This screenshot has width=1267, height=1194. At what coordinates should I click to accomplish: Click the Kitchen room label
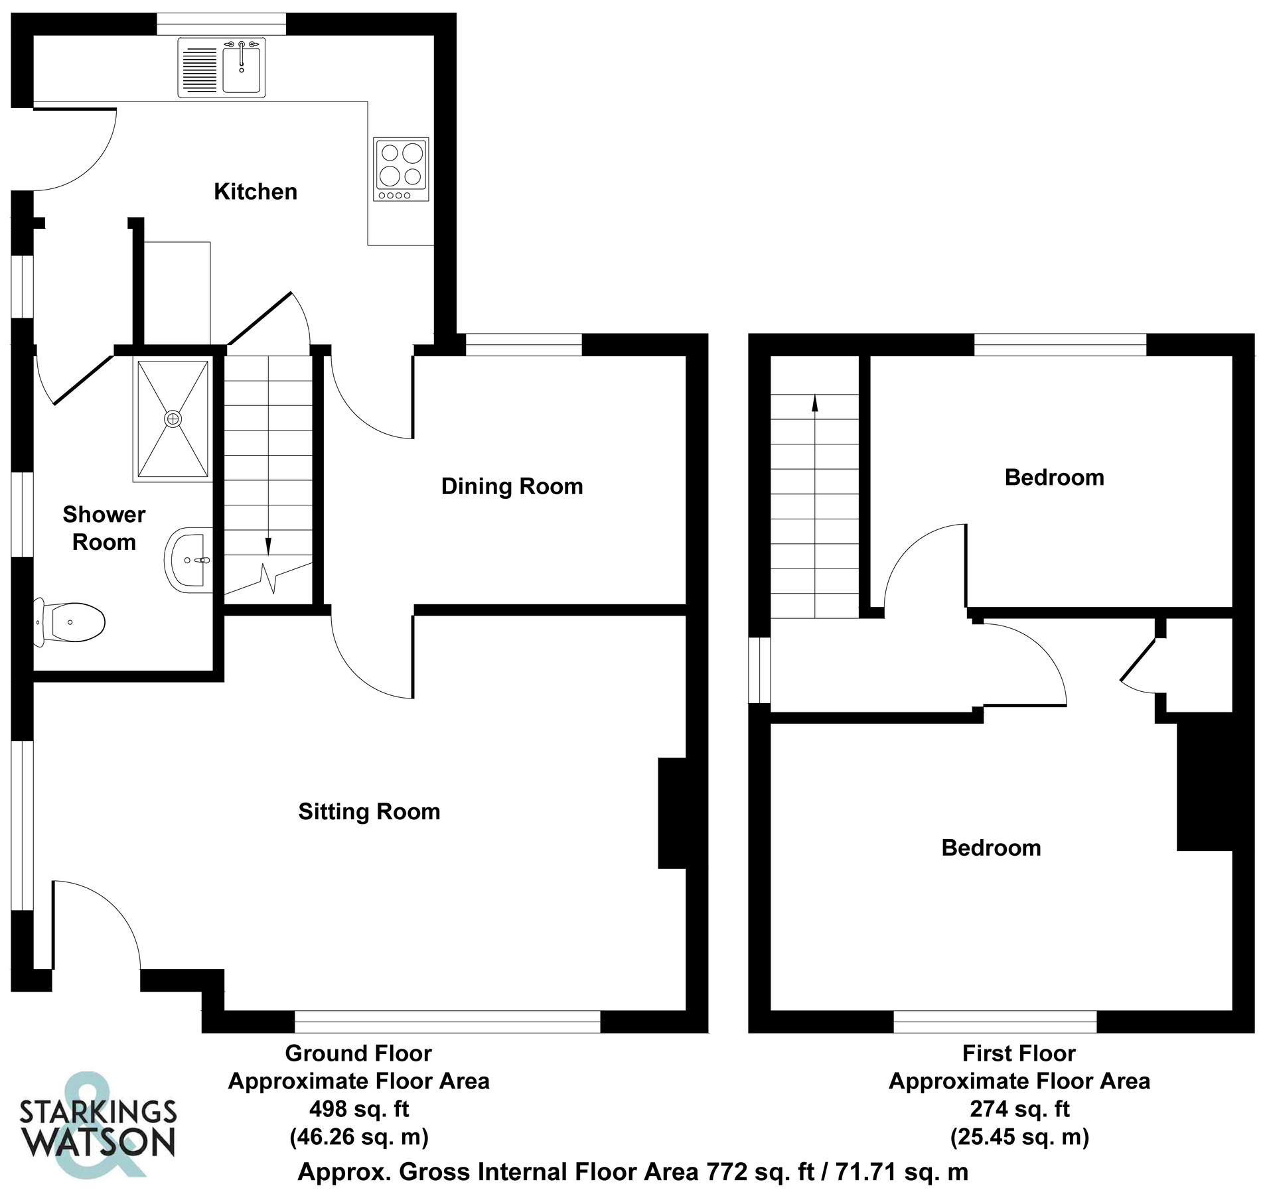click(x=255, y=192)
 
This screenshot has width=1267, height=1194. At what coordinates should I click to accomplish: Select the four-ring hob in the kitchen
click(x=401, y=168)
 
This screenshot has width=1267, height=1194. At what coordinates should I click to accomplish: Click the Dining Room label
click(x=512, y=486)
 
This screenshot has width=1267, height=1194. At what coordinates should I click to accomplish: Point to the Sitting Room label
click(x=369, y=811)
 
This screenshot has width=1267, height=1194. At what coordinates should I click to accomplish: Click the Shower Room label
click(x=104, y=528)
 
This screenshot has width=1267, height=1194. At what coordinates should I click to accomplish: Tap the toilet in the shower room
click(x=72, y=622)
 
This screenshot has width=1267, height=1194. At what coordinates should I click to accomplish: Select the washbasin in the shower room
click(x=188, y=560)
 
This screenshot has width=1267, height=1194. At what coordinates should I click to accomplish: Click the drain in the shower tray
click(x=173, y=419)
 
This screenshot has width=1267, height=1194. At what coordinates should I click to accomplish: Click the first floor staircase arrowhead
click(x=814, y=402)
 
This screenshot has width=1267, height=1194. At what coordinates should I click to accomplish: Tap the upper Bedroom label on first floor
click(x=1054, y=478)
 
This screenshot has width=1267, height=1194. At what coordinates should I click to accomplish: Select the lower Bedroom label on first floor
click(x=991, y=848)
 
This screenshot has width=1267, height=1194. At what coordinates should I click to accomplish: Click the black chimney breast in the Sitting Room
click(x=672, y=813)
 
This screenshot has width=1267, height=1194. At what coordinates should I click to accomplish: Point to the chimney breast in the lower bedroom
click(x=1205, y=786)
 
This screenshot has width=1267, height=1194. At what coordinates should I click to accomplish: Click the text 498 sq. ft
click(x=359, y=1108)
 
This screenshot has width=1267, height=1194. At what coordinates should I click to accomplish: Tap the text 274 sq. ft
click(x=1019, y=1108)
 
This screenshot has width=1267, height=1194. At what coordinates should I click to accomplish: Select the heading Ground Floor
click(x=358, y=1053)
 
